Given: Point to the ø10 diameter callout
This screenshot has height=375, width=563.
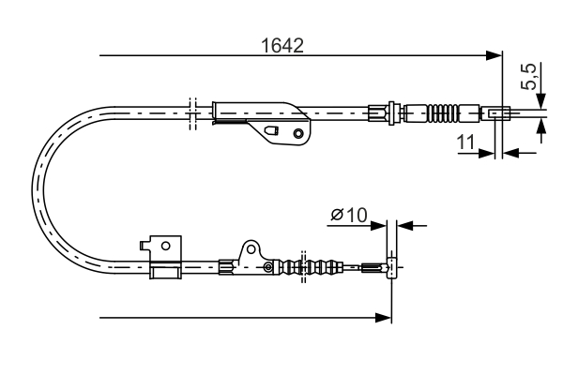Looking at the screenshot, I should [348, 216].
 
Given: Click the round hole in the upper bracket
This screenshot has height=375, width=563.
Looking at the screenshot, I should [298, 132].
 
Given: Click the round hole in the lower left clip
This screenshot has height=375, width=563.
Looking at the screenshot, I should [165, 246].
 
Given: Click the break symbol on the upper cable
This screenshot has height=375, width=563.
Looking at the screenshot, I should [190, 111].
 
